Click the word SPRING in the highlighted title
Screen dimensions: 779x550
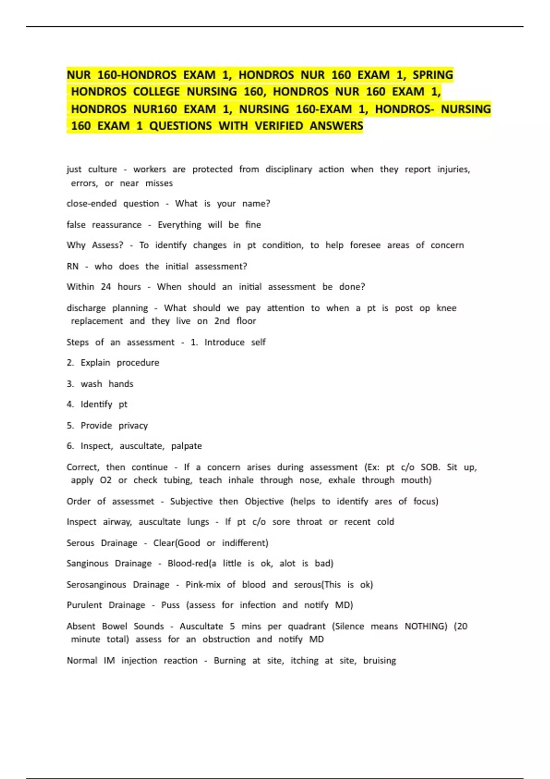pos(432,75)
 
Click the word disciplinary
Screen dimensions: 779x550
pos(288,169)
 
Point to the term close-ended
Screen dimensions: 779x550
pos(91,203)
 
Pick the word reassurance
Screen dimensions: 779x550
pos(116,225)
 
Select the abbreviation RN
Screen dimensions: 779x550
pos(72,266)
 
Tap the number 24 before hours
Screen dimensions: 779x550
pos(106,287)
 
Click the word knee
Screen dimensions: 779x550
pos(446,308)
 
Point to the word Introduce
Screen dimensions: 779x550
pos(224,342)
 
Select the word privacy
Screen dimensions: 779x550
pos(133,426)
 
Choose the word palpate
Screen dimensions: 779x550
pos(186,446)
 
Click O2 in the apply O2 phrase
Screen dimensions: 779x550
pos(105,480)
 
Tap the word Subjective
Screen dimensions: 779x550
pos(191,501)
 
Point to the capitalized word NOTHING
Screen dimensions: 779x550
pos(425,626)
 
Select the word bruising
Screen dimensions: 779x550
pos(379,660)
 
